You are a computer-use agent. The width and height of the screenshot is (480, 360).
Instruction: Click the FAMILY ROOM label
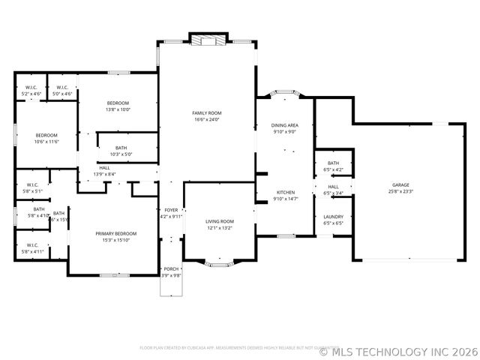(208, 112)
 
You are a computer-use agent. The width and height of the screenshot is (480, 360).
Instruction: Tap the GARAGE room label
(400, 184)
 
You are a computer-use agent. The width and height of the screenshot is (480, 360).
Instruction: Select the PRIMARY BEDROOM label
(113, 233)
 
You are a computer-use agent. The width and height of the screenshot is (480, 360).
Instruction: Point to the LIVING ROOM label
(220, 221)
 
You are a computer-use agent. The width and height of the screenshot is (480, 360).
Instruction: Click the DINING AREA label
(284, 125)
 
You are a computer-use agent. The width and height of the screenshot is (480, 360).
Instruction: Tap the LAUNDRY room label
(333, 216)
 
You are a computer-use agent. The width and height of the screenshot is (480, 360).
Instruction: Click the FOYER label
(171, 210)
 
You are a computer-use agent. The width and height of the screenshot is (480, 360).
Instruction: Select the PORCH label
(171, 268)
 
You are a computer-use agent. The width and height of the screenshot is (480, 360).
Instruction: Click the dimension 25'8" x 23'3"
(400, 191)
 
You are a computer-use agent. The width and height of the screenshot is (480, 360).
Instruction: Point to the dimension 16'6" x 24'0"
(208, 119)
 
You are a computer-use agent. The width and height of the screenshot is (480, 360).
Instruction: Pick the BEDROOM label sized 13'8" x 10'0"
(118, 103)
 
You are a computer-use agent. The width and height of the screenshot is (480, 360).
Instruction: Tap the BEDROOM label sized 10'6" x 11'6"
(46, 135)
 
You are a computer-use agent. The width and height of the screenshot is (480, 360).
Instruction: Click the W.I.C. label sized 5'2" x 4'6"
(31, 87)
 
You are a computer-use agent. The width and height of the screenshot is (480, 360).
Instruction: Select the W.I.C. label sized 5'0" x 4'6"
(63, 87)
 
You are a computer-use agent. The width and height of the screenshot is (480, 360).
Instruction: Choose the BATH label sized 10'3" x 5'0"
(121, 148)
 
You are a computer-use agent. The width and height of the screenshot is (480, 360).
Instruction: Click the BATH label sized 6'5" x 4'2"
(333, 163)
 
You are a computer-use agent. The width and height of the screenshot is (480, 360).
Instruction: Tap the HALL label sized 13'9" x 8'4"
(104, 167)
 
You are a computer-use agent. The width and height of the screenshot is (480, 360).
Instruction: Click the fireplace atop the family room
(207, 40)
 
